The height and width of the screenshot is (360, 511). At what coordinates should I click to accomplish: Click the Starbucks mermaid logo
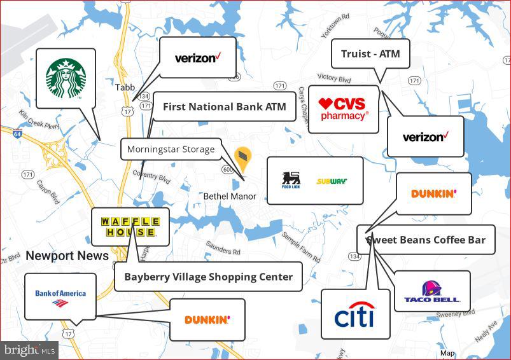click(66, 78)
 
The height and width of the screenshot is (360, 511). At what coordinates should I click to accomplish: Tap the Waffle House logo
click(129, 226)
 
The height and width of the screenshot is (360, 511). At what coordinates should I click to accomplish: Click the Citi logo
click(354, 315)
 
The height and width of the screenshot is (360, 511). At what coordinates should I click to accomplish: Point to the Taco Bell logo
click(432, 292)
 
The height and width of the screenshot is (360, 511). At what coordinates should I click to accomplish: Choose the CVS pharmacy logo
click(344, 109)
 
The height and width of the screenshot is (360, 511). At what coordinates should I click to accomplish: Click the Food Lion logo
click(291, 180)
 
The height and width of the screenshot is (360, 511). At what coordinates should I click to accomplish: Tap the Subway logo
click(332, 181)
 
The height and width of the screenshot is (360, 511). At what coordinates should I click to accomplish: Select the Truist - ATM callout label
click(370, 54)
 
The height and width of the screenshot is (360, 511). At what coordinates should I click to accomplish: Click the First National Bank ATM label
click(225, 107)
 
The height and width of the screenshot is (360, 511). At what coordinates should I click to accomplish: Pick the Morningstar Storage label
click(171, 149)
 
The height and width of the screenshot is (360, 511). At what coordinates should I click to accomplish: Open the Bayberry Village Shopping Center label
click(208, 277)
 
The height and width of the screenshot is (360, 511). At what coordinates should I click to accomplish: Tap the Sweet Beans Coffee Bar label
click(426, 240)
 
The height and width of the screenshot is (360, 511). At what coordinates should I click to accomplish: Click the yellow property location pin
click(242, 156)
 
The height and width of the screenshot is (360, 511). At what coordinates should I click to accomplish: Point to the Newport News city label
click(67, 256)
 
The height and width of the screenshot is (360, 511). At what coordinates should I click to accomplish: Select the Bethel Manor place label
click(230, 197)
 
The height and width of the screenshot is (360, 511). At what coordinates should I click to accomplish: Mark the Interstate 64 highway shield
click(17, 134)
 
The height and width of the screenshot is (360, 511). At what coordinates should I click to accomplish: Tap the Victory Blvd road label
click(334, 78)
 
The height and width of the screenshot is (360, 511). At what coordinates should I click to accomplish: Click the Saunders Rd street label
click(223, 249)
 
